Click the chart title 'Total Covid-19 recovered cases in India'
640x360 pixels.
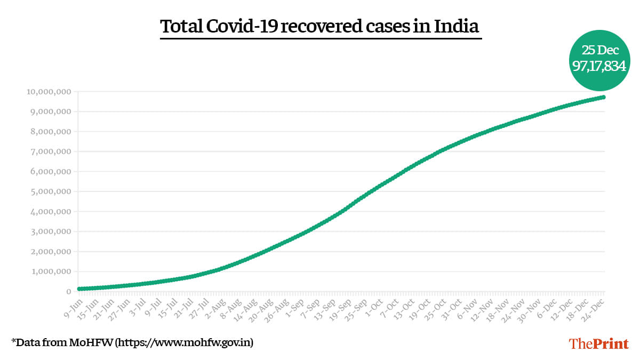[x=320, y=27]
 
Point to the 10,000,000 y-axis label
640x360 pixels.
[x=49, y=92]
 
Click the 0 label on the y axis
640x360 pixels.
[x=69, y=292]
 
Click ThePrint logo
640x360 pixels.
[x=599, y=343]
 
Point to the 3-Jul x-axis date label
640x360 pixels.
[x=138, y=308]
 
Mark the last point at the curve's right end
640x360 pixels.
[x=603, y=97]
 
